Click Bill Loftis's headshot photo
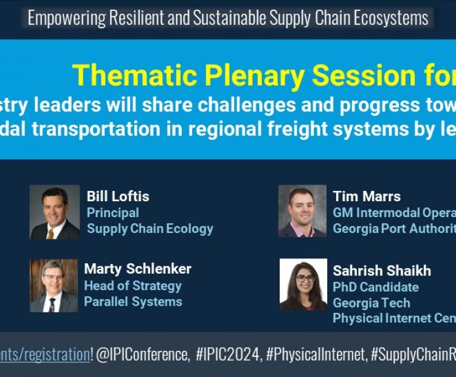pos(55,212)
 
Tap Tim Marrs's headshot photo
pos(302,211)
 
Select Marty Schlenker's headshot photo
pos(54,285)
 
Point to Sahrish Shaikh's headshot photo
pos(303,285)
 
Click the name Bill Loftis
pos(118,196)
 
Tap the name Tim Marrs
pos(367,196)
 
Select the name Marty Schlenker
pos(137,269)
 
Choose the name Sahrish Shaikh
pos(382,271)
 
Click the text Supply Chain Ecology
pos(150,229)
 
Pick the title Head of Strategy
pos(133,286)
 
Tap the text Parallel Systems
pos(133,302)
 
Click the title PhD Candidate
pos(376,287)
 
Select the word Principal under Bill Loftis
pos(113,213)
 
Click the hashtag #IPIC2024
pos(229,355)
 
